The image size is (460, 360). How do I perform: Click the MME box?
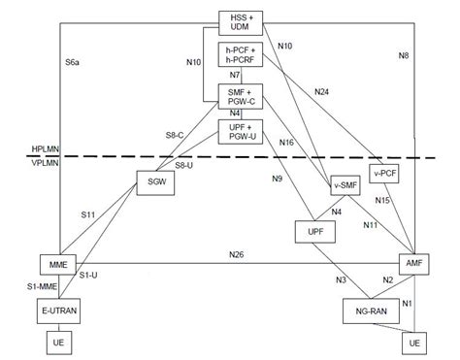pyautogui.click(x=59, y=264)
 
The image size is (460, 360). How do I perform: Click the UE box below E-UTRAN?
pyautogui.click(x=59, y=343)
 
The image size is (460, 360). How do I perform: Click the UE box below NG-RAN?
pyautogui.click(x=413, y=343)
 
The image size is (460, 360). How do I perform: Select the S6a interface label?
pyautogui.click(x=72, y=62)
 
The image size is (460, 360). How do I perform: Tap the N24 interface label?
pyautogui.click(x=322, y=92)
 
